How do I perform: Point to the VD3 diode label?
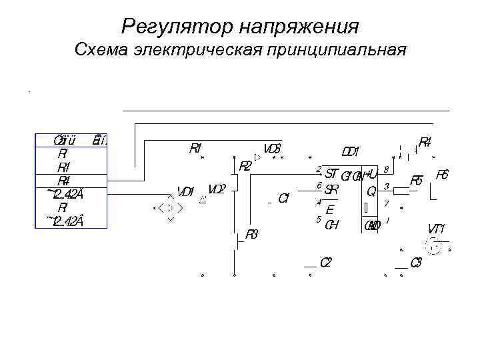pos(272,148)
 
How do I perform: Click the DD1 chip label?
pos(351,152)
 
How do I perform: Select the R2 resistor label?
pos(245,166)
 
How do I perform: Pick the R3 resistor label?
pos(251,234)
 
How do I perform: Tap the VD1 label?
pos(185,192)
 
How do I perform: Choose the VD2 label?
pos(217,189)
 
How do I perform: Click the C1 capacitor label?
pos(283,197)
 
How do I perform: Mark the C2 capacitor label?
pos(326,262)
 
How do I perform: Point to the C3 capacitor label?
pos(415,262)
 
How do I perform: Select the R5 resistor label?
pos(417,180)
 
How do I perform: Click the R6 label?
pos(442,175)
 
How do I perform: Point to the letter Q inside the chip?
pos(371,191)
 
